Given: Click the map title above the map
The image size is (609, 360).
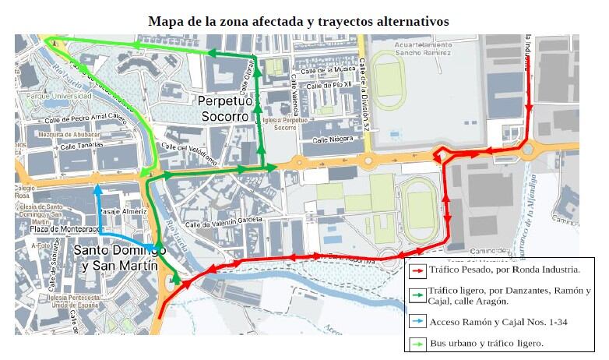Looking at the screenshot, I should click(298, 21).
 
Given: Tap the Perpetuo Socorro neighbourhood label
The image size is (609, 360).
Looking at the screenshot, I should click(225, 108).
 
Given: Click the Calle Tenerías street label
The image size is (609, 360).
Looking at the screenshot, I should click(79, 145).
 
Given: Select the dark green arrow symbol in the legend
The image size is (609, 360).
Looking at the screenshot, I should click(417, 295).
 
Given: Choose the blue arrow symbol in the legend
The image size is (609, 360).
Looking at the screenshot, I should click(417, 321).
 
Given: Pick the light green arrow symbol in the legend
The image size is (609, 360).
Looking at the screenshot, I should click(417, 342).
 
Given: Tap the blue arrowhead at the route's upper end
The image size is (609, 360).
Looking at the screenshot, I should click(97, 188).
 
